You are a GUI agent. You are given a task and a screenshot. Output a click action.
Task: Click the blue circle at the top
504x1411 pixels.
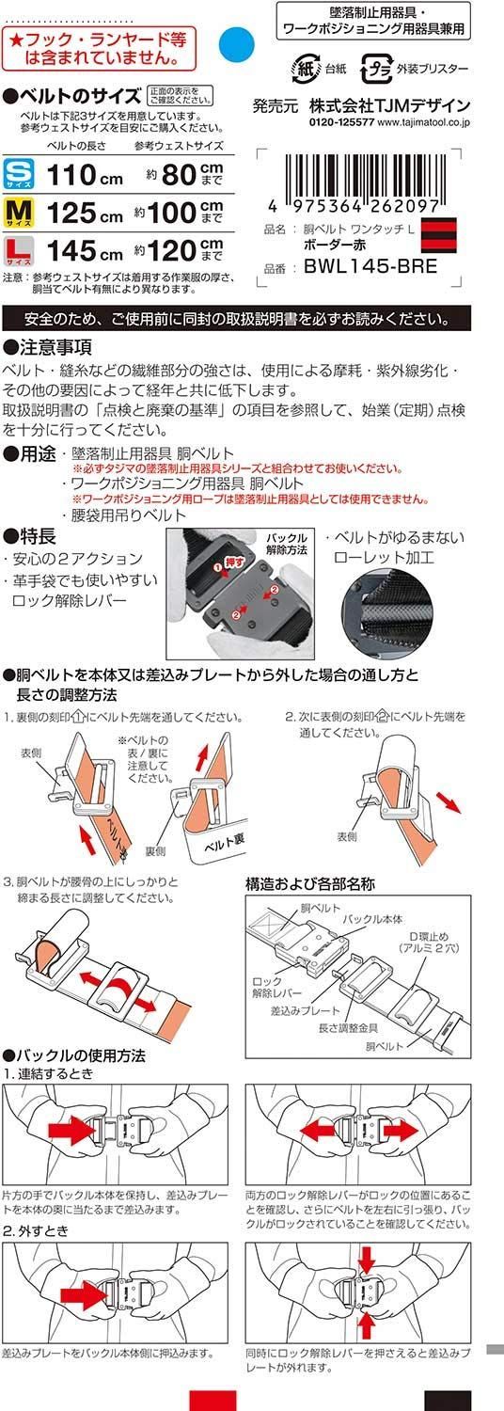236,42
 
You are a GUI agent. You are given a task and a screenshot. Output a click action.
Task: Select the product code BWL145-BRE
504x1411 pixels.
370,266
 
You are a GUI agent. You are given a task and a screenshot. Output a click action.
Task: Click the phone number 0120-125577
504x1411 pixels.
340,122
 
